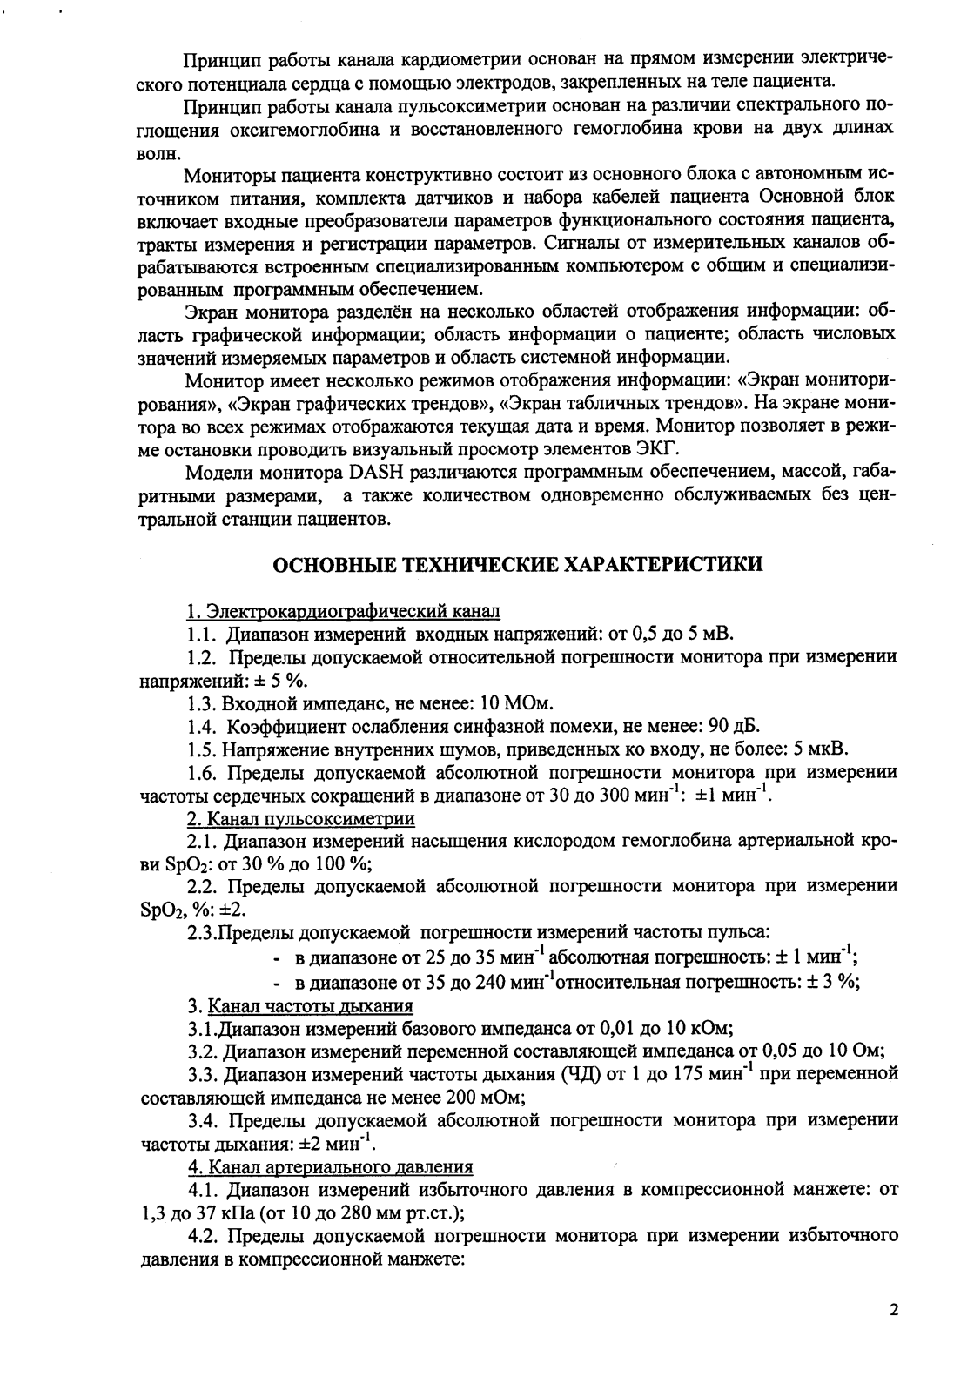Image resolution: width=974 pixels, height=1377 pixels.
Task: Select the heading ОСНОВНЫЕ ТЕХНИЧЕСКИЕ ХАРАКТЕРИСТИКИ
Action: tap(519, 565)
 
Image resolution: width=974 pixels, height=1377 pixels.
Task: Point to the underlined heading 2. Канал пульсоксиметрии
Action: tap(301, 819)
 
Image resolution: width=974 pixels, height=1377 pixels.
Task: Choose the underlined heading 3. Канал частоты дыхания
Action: tap(300, 1006)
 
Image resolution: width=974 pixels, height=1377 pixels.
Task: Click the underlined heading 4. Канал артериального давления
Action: tap(331, 1167)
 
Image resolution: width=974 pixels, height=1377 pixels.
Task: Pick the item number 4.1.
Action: tap(202, 1190)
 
